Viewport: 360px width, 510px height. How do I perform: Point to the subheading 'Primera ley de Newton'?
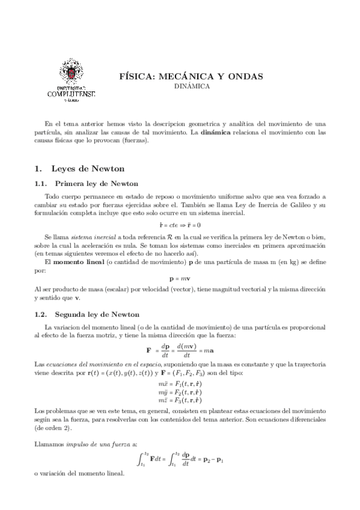96,183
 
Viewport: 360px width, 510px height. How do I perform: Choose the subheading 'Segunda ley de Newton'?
97,314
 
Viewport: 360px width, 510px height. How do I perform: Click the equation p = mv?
180,279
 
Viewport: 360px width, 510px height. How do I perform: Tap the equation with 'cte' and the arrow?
180,224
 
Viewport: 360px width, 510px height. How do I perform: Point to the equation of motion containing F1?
180,383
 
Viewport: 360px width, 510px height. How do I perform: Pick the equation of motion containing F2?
180,391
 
